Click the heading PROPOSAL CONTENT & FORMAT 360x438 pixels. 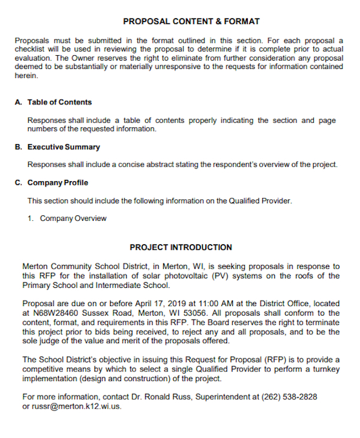coord(191,22)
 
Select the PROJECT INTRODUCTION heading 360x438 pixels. coord(181,247)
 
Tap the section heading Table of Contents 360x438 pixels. coord(59,102)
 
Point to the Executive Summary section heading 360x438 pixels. coord(64,147)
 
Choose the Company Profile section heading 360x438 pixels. coord(58,183)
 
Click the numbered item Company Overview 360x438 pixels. coord(73,218)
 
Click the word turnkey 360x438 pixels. coord(325,370)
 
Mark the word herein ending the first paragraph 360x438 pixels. coord(26,76)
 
